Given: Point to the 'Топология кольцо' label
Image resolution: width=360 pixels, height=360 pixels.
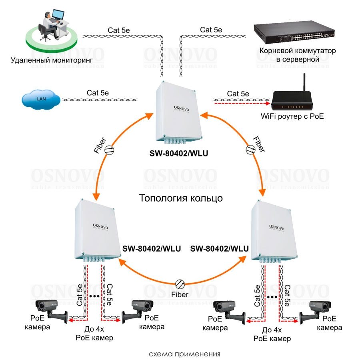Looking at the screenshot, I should (x=180, y=198).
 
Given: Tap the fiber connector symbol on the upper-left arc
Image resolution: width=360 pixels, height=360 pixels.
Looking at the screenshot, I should (x=110, y=150).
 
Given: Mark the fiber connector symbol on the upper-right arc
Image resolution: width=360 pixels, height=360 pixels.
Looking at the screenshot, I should (x=250, y=149).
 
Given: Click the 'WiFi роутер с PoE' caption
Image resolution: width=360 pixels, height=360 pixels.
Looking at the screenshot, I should (x=292, y=117).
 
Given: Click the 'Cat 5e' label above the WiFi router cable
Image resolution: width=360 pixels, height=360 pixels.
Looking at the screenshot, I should (x=238, y=94).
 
